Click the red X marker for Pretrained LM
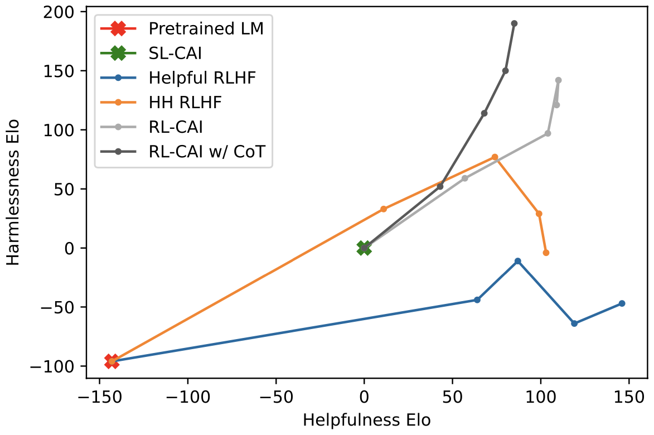pos(112,361)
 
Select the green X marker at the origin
pos(364,248)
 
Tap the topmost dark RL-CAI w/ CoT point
pos(514,23)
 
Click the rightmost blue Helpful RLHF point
pos(622,303)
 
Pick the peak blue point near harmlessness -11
pos(518,261)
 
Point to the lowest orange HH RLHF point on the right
pos(546,253)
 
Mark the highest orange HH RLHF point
pos(495,157)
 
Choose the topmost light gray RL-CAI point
pos(558,80)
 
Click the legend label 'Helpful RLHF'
pos(202,78)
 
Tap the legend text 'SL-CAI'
pos(175,53)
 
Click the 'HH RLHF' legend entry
pos(186,102)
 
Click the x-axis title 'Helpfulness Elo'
pos(367,420)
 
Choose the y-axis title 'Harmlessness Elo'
pos(13,192)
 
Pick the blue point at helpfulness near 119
pos(574,323)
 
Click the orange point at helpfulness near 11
pos(384,209)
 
